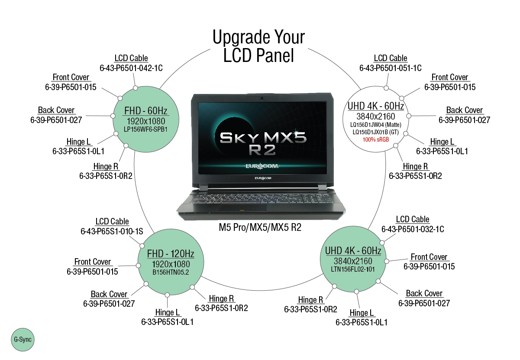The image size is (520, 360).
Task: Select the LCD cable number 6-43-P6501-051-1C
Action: [390, 68]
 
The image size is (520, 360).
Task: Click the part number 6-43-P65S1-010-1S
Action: [112, 231]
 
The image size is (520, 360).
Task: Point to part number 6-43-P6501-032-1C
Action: [412, 229]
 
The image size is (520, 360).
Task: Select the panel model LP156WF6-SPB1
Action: [145, 129]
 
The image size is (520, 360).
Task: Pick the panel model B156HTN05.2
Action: [171, 272]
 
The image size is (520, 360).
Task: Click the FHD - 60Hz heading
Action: [145, 110]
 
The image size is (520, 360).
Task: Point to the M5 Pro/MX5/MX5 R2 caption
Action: [260, 227]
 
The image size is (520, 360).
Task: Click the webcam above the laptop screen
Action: [262, 96]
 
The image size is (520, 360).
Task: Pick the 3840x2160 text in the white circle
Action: [375, 116]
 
